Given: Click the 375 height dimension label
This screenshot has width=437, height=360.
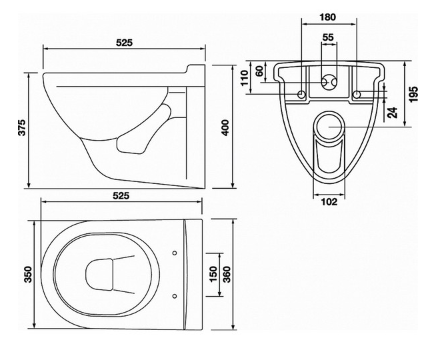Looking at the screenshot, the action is (22, 127).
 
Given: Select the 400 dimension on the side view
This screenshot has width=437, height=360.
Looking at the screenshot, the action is (225, 127).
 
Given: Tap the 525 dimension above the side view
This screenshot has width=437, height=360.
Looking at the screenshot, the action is (124, 43).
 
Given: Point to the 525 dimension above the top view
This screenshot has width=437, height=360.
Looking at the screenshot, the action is (120, 196).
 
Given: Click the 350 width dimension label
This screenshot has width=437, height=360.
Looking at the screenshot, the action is (29, 274).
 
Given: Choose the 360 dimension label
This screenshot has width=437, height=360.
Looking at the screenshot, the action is (227, 274).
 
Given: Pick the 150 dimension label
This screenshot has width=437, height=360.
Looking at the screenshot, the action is (214, 274).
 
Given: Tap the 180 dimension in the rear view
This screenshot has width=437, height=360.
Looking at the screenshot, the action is (328, 17).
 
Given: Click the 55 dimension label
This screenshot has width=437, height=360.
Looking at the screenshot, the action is (328, 37).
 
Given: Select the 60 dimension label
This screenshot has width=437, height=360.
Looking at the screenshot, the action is (259, 71).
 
